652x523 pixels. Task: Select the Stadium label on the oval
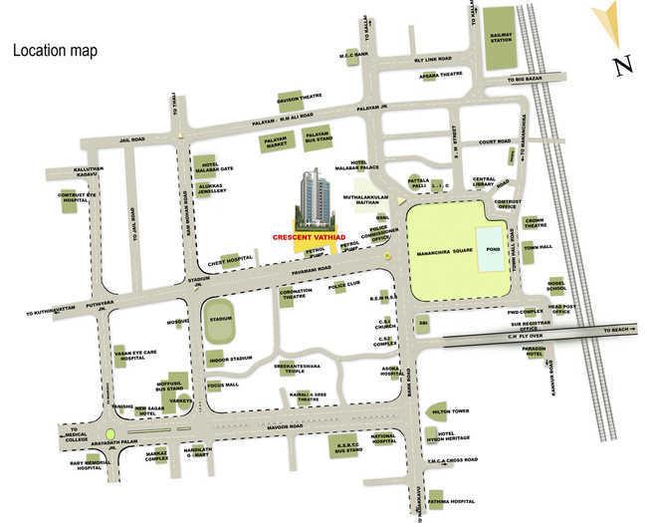click(x=220, y=320)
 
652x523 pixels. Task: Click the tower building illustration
click(x=318, y=199)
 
